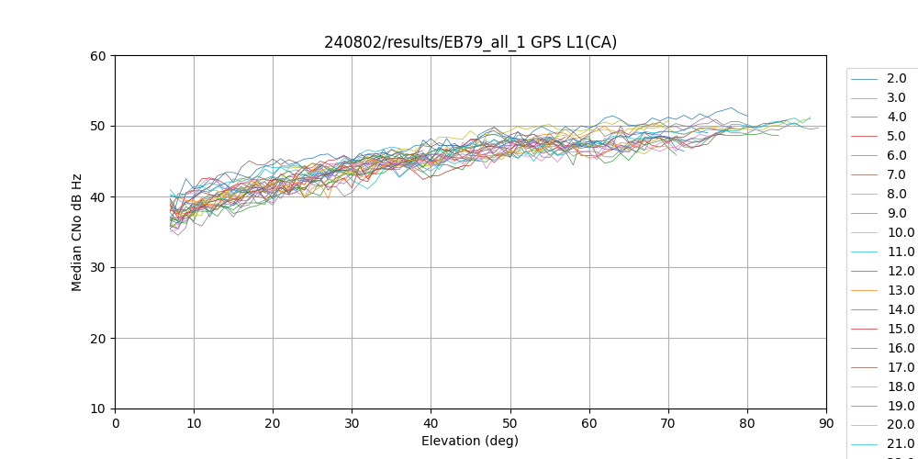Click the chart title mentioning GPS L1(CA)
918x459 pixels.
pyautogui.click(x=470, y=42)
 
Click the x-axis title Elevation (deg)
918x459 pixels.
pyautogui.click(x=470, y=441)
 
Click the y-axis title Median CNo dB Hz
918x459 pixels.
pyautogui.click(x=77, y=232)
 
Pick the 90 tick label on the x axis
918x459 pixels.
pyautogui.click(x=826, y=423)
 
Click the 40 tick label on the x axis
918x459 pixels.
pyautogui.click(x=431, y=423)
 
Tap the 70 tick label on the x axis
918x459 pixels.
pyautogui.click(x=668, y=423)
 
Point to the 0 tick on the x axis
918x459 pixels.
pyautogui.click(x=116, y=423)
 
